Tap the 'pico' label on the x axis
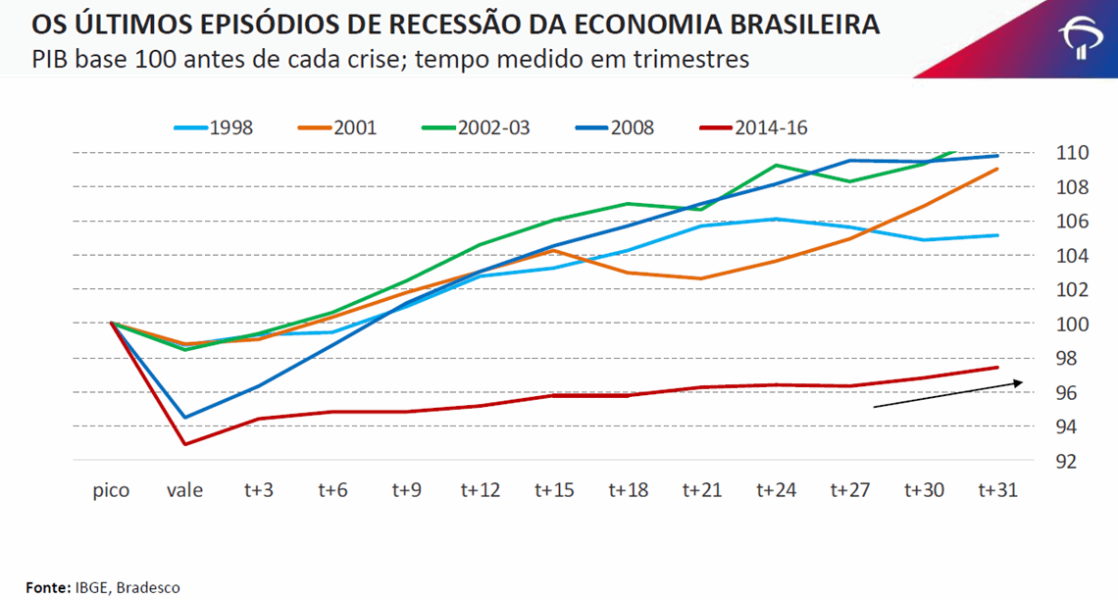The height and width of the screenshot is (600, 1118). pos(111,490)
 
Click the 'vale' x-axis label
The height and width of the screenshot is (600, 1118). pos(184,490)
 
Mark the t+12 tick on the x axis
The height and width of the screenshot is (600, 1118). pos(481,490)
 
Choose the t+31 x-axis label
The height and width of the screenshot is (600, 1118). pos(997,490)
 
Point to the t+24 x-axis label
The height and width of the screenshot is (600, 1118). pos(777,490)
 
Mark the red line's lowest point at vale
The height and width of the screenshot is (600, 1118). pos(185,444)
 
